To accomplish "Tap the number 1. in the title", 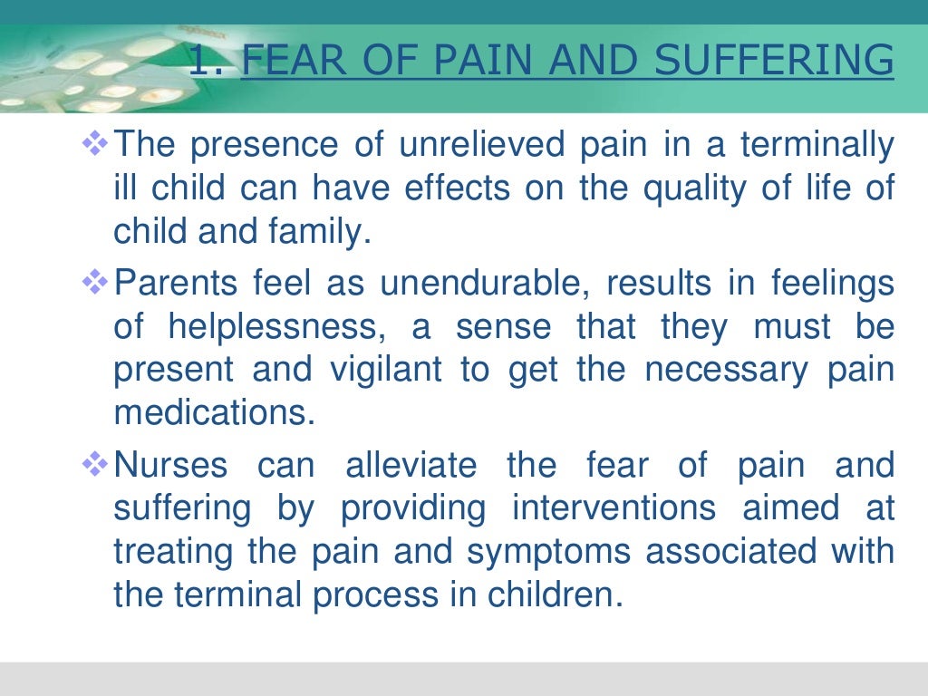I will tap(209, 62).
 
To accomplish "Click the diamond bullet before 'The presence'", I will tap(95, 143).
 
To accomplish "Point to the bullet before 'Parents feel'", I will tap(95, 283).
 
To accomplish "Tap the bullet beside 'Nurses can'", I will tap(95, 465).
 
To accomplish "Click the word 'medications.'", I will tap(215, 414).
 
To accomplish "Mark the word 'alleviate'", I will tap(411, 466).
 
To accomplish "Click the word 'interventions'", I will tap(614, 508).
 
